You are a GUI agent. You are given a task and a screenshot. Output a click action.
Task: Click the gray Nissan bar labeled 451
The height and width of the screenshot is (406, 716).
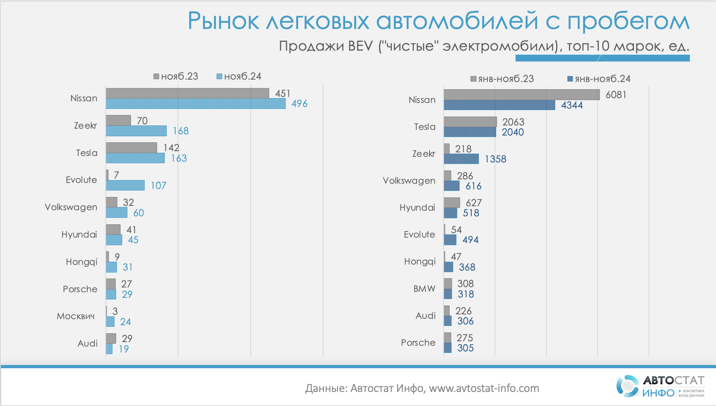[x=187, y=93]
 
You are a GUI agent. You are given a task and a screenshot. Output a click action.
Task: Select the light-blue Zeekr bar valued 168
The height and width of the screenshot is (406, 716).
[x=136, y=131]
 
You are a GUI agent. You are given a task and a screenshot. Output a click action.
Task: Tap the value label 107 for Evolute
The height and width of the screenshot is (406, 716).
[x=158, y=185]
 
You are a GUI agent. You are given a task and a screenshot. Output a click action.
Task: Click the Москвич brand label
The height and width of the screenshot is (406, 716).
[x=76, y=316]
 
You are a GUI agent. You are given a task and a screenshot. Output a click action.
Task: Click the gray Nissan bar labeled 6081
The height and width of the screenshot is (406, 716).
[x=522, y=94]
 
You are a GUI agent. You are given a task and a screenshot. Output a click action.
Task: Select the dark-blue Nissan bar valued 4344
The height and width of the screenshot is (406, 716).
[x=499, y=105]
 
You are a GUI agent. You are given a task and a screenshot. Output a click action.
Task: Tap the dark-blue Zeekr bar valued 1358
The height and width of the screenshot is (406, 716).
[x=461, y=159]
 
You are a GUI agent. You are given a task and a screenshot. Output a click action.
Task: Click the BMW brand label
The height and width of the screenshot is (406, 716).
[x=424, y=289]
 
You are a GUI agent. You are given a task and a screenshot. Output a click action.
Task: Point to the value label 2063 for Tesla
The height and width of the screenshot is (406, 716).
[x=513, y=122]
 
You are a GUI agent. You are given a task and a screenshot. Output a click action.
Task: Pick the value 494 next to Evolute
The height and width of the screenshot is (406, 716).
[x=470, y=240]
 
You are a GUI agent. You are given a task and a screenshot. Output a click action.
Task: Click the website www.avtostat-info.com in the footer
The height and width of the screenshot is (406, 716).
[x=484, y=388]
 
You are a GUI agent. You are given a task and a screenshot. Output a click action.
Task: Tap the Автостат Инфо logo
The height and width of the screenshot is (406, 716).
[x=660, y=386]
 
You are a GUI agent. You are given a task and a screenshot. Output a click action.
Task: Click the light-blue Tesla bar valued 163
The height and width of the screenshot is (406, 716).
[x=135, y=158]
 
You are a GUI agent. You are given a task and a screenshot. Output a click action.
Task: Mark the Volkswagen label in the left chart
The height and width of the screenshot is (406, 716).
[x=71, y=207]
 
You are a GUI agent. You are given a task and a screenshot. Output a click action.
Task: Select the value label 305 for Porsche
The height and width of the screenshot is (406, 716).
[x=465, y=348]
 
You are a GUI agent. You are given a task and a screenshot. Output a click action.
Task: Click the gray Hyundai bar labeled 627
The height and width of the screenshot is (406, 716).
[x=452, y=203]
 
